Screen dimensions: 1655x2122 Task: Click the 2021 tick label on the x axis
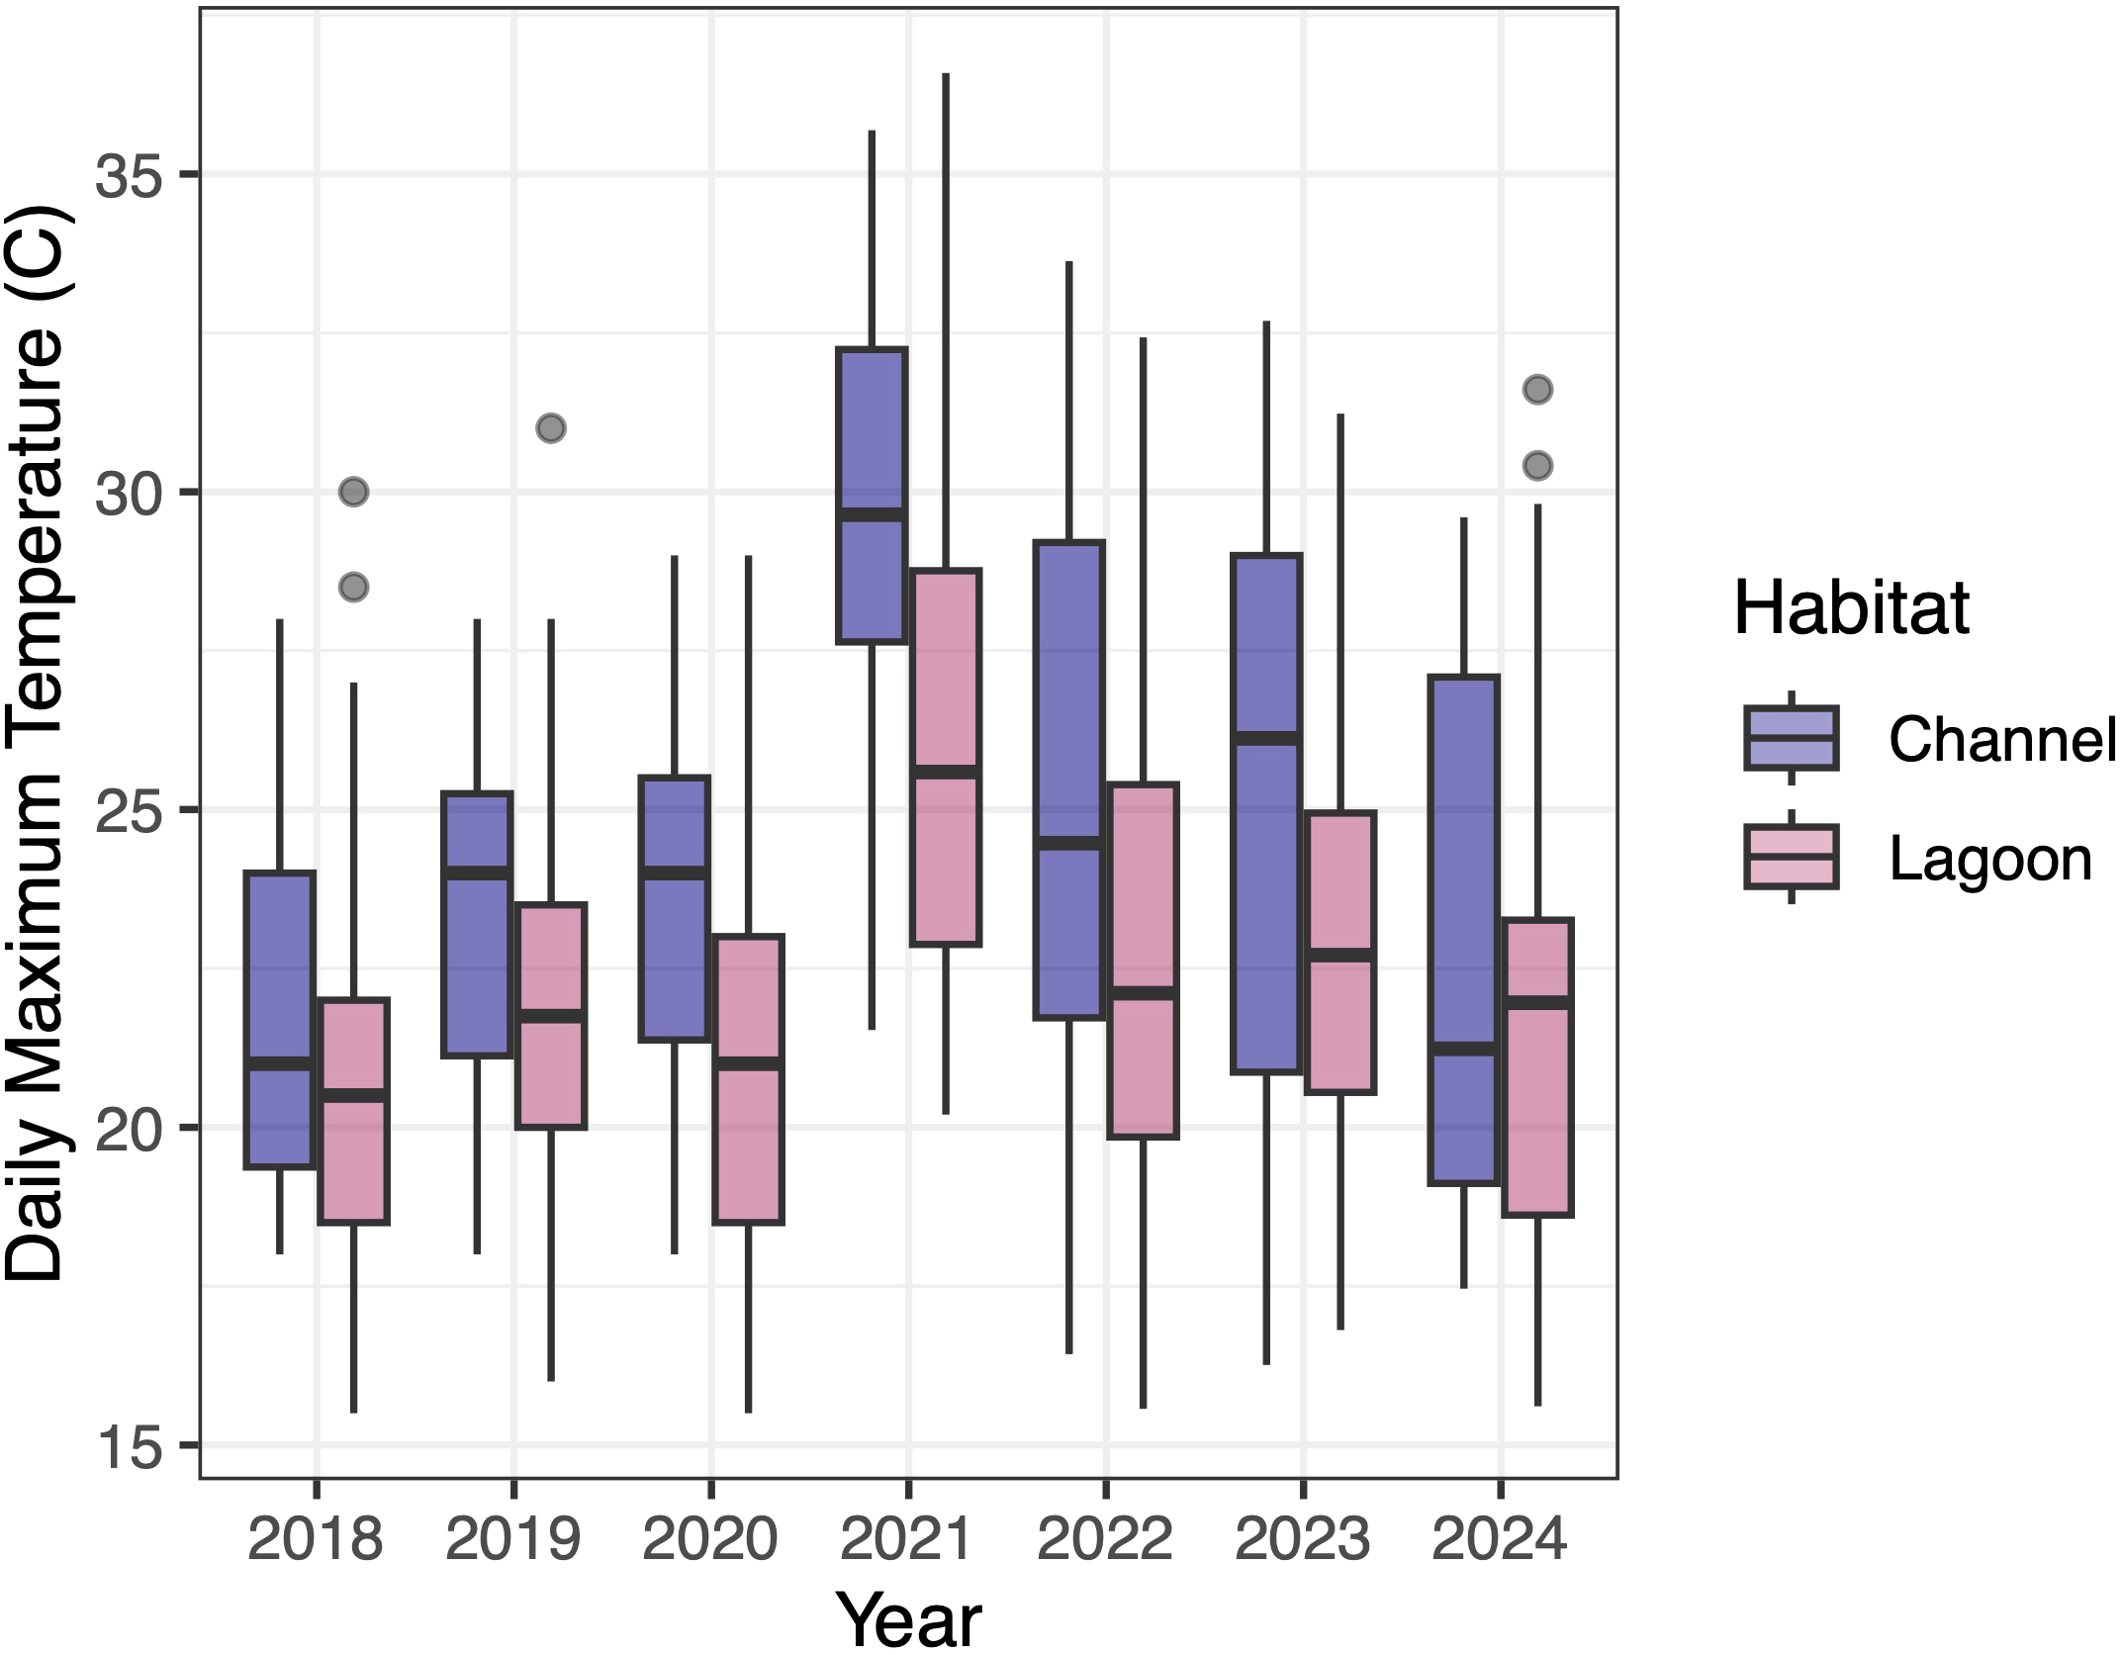coord(908,1541)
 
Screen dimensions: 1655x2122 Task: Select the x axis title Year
coord(908,1618)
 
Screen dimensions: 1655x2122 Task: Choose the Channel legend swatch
coord(1791,738)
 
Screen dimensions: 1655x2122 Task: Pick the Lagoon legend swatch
coord(1791,856)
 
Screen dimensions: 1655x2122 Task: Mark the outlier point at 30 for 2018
coord(353,492)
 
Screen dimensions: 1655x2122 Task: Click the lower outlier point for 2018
coord(353,588)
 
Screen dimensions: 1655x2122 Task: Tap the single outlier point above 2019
coord(551,428)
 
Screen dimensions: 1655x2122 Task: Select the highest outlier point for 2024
coord(1537,389)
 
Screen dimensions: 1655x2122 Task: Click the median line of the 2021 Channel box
coord(872,514)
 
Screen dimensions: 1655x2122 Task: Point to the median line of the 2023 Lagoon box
coord(1340,954)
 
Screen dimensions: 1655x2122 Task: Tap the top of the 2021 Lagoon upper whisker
coord(946,75)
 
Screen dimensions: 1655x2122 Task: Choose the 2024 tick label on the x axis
coord(1500,1541)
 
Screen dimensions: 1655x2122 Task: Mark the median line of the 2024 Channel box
coord(1463,1049)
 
